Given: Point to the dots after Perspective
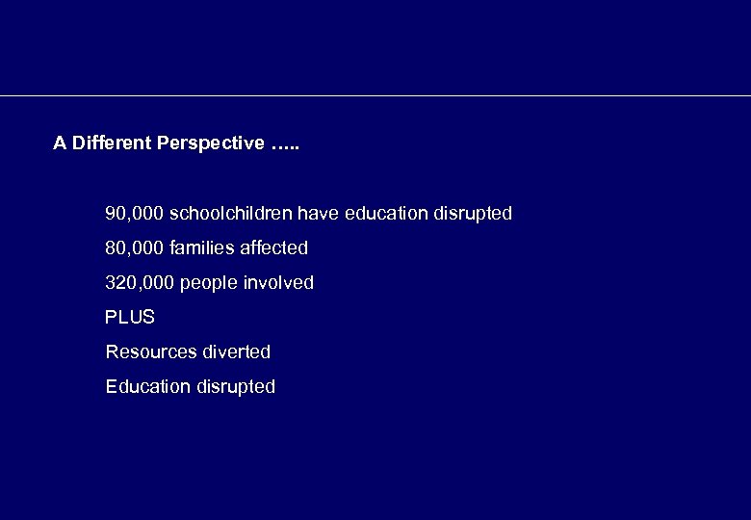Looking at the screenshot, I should coord(286,144).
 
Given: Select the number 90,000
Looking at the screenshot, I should coord(134,213).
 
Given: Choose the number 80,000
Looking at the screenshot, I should coord(134,247).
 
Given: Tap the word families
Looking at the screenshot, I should coord(201,247).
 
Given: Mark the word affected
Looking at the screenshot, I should coord(273,247).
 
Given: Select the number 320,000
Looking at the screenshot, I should coord(139,282).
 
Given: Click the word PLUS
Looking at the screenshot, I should coord(130,317).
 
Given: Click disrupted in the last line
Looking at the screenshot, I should coord(236,387).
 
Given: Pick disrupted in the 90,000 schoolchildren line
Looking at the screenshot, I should coord(473,213).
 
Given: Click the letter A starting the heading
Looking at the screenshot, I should coord(60,143).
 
